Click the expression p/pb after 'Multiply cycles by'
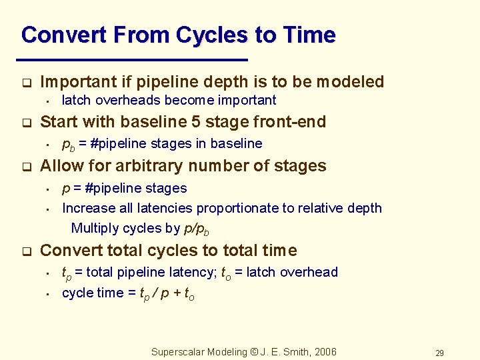pyautogui.click(x=196, y=229)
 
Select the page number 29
pyautogui.click(x=439, y=353)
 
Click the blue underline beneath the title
pyautogui.click(x=133, y=60)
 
